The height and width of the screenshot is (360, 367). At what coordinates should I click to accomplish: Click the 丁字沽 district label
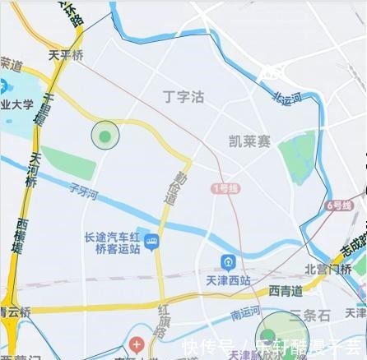[183, 98]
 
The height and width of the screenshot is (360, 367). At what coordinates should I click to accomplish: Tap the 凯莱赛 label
[250, 141]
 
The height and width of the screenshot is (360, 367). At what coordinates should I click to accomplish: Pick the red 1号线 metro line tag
[225, 188]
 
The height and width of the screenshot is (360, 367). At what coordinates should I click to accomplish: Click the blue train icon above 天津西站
[227, 263]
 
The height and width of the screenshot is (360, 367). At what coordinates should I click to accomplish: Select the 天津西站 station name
[226, 280]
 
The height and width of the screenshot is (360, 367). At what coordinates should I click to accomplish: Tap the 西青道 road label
[285, 292]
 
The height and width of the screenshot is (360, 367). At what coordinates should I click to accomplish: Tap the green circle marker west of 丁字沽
[105, 135]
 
